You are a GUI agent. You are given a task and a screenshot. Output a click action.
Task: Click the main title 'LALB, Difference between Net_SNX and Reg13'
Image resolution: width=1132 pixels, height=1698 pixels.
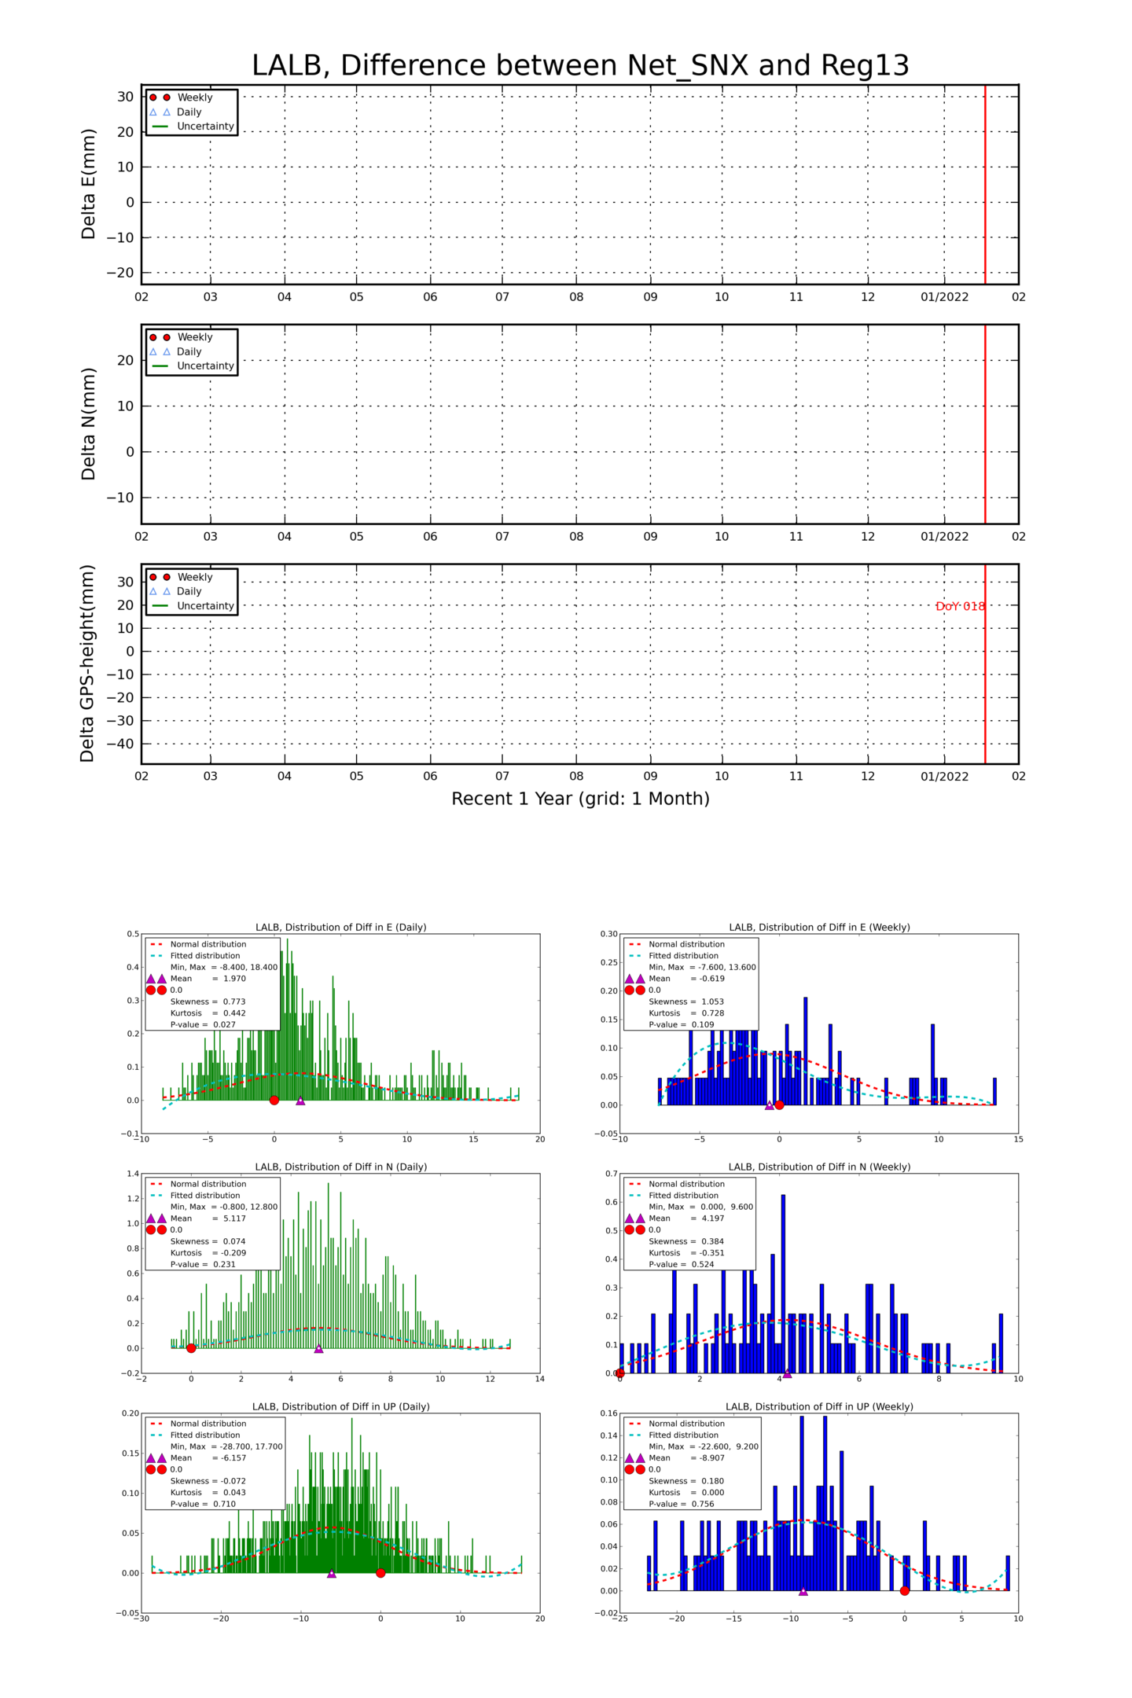[x=580, y=65]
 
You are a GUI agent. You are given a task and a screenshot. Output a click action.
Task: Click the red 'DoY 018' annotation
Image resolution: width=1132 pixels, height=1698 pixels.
[x=960, y=606]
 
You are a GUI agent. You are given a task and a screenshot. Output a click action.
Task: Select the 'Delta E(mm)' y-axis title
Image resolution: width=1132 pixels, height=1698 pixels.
[x=88, y=184]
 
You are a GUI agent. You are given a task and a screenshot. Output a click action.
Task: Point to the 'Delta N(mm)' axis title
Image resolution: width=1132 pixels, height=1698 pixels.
[x=88, y=424]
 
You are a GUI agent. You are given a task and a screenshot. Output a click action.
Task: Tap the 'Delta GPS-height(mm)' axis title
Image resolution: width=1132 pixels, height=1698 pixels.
[x=87, y=663]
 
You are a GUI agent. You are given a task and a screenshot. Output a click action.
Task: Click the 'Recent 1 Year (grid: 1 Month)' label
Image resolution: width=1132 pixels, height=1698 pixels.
[x=580, y=799]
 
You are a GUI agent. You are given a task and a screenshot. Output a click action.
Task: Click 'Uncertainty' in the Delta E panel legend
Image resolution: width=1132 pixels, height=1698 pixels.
[x=205, y=127]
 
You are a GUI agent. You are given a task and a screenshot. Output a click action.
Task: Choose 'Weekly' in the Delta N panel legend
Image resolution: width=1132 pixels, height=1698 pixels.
[x=194, y=337]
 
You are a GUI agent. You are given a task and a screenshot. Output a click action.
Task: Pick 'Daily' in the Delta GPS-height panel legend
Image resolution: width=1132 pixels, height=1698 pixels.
[x=189, y=591]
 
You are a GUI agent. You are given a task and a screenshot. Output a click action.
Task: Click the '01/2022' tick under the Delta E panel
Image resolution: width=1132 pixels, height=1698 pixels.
[x=944, y=297]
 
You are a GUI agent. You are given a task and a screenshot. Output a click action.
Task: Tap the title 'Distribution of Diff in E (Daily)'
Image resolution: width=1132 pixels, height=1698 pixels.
[x=341, y=928]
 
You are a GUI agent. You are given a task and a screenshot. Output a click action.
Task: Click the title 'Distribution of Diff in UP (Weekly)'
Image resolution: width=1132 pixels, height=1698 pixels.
[x=819, y=1406]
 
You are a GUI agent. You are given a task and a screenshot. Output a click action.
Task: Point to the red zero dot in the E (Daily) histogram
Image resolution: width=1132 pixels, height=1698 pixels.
[x=274, y=1100]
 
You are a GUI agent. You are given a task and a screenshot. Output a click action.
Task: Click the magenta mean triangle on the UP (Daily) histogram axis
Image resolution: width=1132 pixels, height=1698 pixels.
[x=331, y=1573]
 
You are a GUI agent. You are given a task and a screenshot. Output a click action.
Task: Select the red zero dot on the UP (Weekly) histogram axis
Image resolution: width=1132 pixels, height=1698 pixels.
[x=904, y=1590]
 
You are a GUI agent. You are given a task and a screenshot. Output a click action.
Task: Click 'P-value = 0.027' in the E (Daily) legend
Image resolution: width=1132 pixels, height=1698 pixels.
[x=203, y=1025]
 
